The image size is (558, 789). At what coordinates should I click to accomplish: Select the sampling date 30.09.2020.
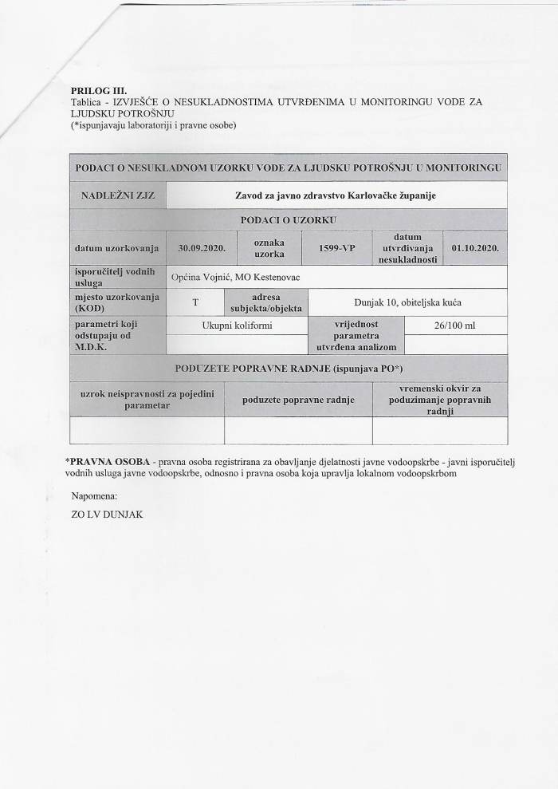tap(202, 248)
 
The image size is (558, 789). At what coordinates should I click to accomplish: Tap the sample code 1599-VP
tap(336, 248)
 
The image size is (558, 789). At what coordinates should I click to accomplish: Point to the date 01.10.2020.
tap(475, 248)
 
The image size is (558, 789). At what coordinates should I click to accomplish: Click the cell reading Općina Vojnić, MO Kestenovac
tap(231, 277)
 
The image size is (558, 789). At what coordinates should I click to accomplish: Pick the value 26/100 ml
tap(455, 325)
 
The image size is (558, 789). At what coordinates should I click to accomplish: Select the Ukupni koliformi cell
tap(237, 325)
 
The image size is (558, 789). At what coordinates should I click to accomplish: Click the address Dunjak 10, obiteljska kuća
tap(407, 302)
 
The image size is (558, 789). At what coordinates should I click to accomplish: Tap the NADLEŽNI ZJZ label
tap(118, 195)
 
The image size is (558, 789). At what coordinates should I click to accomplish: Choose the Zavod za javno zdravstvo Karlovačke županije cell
tap(336, 195)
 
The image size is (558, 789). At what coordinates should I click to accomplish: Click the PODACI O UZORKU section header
tap(288, 219)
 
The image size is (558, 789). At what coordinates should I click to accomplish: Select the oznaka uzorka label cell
tap(269, 247)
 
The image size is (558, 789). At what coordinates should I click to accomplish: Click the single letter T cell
tap(195, 302)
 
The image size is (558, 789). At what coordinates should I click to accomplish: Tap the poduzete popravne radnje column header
tap(298, 400)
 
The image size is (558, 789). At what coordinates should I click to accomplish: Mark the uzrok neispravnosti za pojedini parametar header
tap(147, 400)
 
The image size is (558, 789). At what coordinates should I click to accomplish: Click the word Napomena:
tap(94, 496)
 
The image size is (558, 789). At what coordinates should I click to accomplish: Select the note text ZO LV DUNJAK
tap(107, 515)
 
